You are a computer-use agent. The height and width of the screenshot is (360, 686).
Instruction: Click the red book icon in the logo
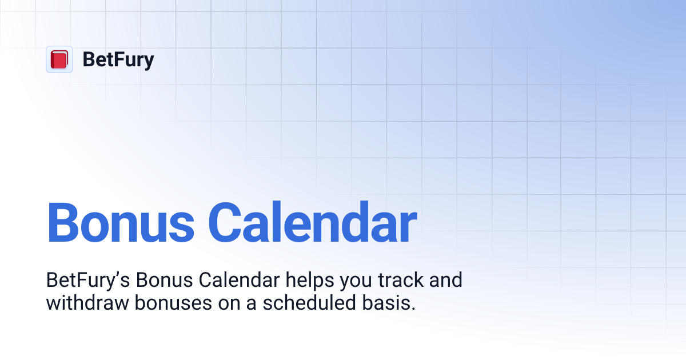pyautogui.click(x=59, y=59)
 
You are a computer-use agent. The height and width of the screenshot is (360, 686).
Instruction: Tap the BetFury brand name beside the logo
pyautogui.click(x=118, y=59)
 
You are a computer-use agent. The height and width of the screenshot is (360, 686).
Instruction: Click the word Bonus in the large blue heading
pyautogui.click(x=121, y=222)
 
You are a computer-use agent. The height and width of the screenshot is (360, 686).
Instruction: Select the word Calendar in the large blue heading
pyautogui.click(x=312, y=221)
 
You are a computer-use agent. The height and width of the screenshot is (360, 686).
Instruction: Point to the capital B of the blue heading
pyautogui.click(x=63, y=222)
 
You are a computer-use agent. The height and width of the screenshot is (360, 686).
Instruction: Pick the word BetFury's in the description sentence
pyautogui.click(x=88, y=280)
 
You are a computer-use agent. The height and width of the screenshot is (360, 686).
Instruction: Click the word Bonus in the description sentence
pyautogui.click(x=164, y=280)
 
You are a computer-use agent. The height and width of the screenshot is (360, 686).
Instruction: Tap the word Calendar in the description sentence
pyautogui.click(x=239, y=280)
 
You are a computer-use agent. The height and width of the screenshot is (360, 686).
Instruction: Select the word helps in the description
pyautogui.click(x=310, y=281)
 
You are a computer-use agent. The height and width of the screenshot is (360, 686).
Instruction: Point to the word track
pyautogui.click(x=401, y=280)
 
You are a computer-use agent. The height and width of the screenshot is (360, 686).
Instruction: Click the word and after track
pyautogui.click(x=446, y=280)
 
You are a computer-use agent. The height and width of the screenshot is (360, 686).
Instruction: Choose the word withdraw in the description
pyautogui.click(x=87, y=302)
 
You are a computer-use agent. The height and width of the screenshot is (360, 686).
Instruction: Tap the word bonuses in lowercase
pyautogui.click(x=173, y=302)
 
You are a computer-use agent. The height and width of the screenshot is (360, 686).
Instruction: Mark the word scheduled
pyautogui.click(x=309, y=302)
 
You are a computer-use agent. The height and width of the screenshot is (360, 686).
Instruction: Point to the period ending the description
pyautogui.click(x=413, y=309)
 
